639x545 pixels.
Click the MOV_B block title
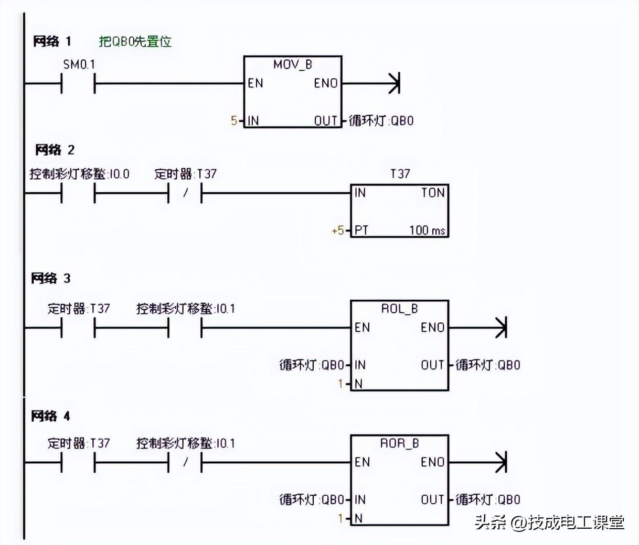292,64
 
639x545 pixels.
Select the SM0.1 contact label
79,64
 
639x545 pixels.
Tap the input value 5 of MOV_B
234,121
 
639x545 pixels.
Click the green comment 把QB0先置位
135,41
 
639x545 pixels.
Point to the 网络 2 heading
55,150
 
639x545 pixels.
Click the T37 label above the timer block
400,173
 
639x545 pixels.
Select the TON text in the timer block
433,193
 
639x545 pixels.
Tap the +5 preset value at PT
338,230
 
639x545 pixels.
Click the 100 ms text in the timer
427,230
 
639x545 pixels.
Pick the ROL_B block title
399,309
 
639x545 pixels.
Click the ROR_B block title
399,443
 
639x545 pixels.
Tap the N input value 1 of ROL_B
340,384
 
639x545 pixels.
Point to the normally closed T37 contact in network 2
185,193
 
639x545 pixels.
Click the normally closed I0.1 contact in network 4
185,463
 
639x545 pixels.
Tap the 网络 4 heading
50,417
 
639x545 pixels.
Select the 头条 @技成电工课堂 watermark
549,522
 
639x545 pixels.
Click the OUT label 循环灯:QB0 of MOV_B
381,121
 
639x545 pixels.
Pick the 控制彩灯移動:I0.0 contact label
79,174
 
